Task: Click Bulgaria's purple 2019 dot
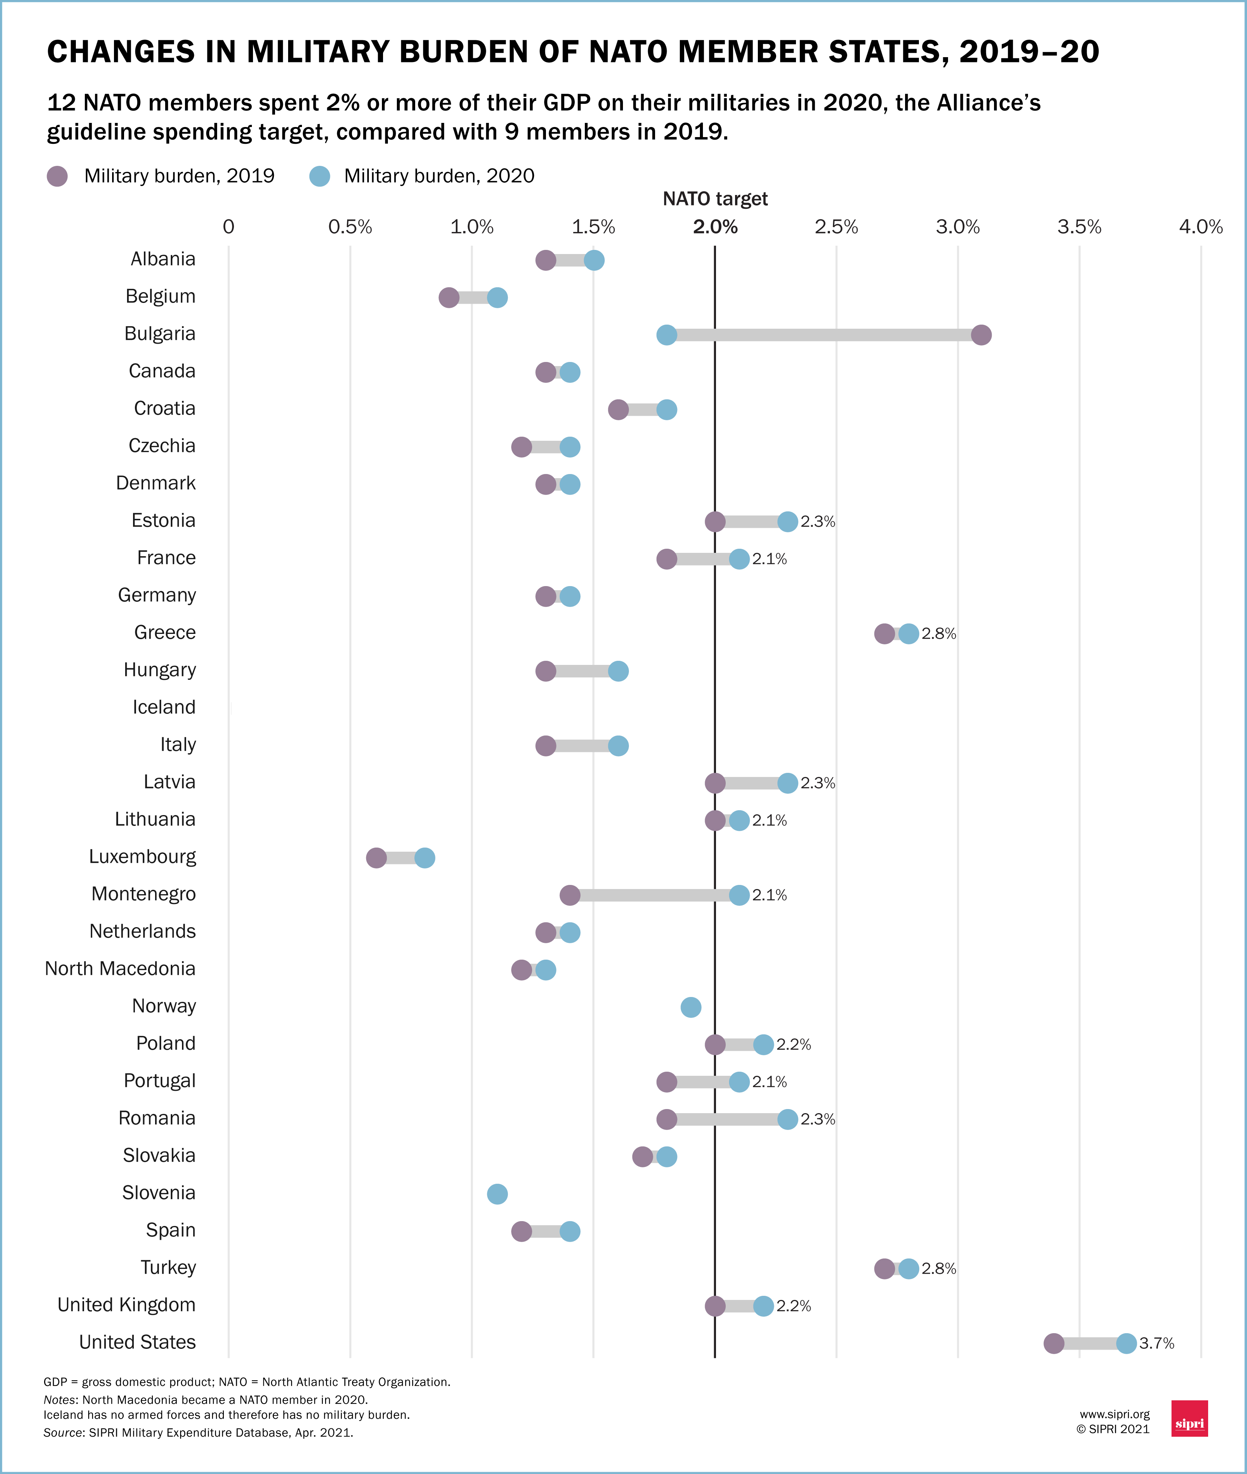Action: point(981,335)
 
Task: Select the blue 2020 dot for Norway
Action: point(691,1007)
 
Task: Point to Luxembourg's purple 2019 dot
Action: point(376,858)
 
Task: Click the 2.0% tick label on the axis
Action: point(715,227)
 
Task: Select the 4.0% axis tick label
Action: point(1200,227)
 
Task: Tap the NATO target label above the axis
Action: point(715,199)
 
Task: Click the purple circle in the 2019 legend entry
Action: point(57,176)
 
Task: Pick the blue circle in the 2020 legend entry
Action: point(320,176)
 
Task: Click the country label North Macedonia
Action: point(120,969)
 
